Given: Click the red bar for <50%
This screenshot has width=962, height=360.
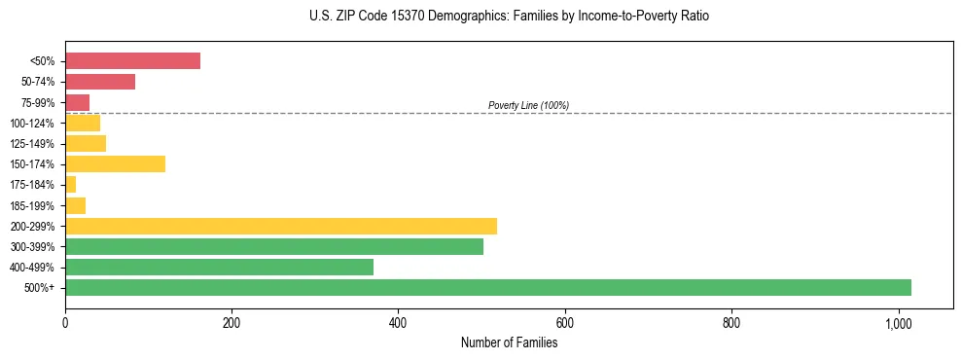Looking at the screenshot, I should coord(132,61).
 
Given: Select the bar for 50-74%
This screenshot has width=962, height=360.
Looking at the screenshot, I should coord(100,82).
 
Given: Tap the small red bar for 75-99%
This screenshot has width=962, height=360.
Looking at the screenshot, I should coord(77,102).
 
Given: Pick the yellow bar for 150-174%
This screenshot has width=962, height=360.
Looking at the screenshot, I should coord(115,163).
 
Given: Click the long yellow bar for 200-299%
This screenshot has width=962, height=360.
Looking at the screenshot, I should coord(281,226).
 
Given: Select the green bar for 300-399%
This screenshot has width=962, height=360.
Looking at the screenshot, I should coord(274,246).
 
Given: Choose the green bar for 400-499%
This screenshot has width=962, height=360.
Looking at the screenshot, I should coord(219,267).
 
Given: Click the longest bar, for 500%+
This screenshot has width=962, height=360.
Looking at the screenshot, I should coord(488,287).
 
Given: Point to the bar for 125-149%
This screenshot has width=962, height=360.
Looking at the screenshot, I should coord(86,143).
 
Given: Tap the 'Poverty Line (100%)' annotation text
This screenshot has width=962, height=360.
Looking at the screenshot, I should coord(528,105).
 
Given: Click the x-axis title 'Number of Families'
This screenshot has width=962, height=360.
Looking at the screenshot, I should coord(509,342).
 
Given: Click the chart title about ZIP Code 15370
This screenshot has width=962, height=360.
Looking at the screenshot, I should coord(509,17).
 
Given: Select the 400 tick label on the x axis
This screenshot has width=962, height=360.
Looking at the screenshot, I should coord(398,322).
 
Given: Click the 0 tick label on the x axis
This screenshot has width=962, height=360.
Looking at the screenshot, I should coord(65,322).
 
